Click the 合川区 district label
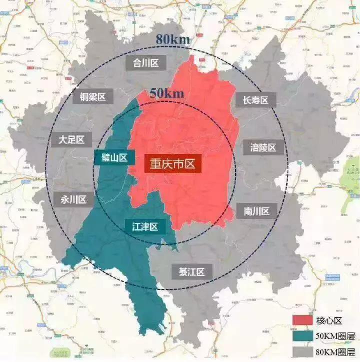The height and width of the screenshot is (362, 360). [x=145, y=62]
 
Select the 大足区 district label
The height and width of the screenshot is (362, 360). [x=71, y=139]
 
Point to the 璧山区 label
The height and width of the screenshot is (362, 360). [x=114, y=158]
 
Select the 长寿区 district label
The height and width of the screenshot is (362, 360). [x=252, y=100]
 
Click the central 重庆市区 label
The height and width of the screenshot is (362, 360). [x=172, y=163]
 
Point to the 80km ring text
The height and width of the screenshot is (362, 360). [x=171, y=38]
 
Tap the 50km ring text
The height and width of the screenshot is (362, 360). [x=167, y=93]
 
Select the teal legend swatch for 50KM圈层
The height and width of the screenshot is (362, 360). [x=302, y=335]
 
